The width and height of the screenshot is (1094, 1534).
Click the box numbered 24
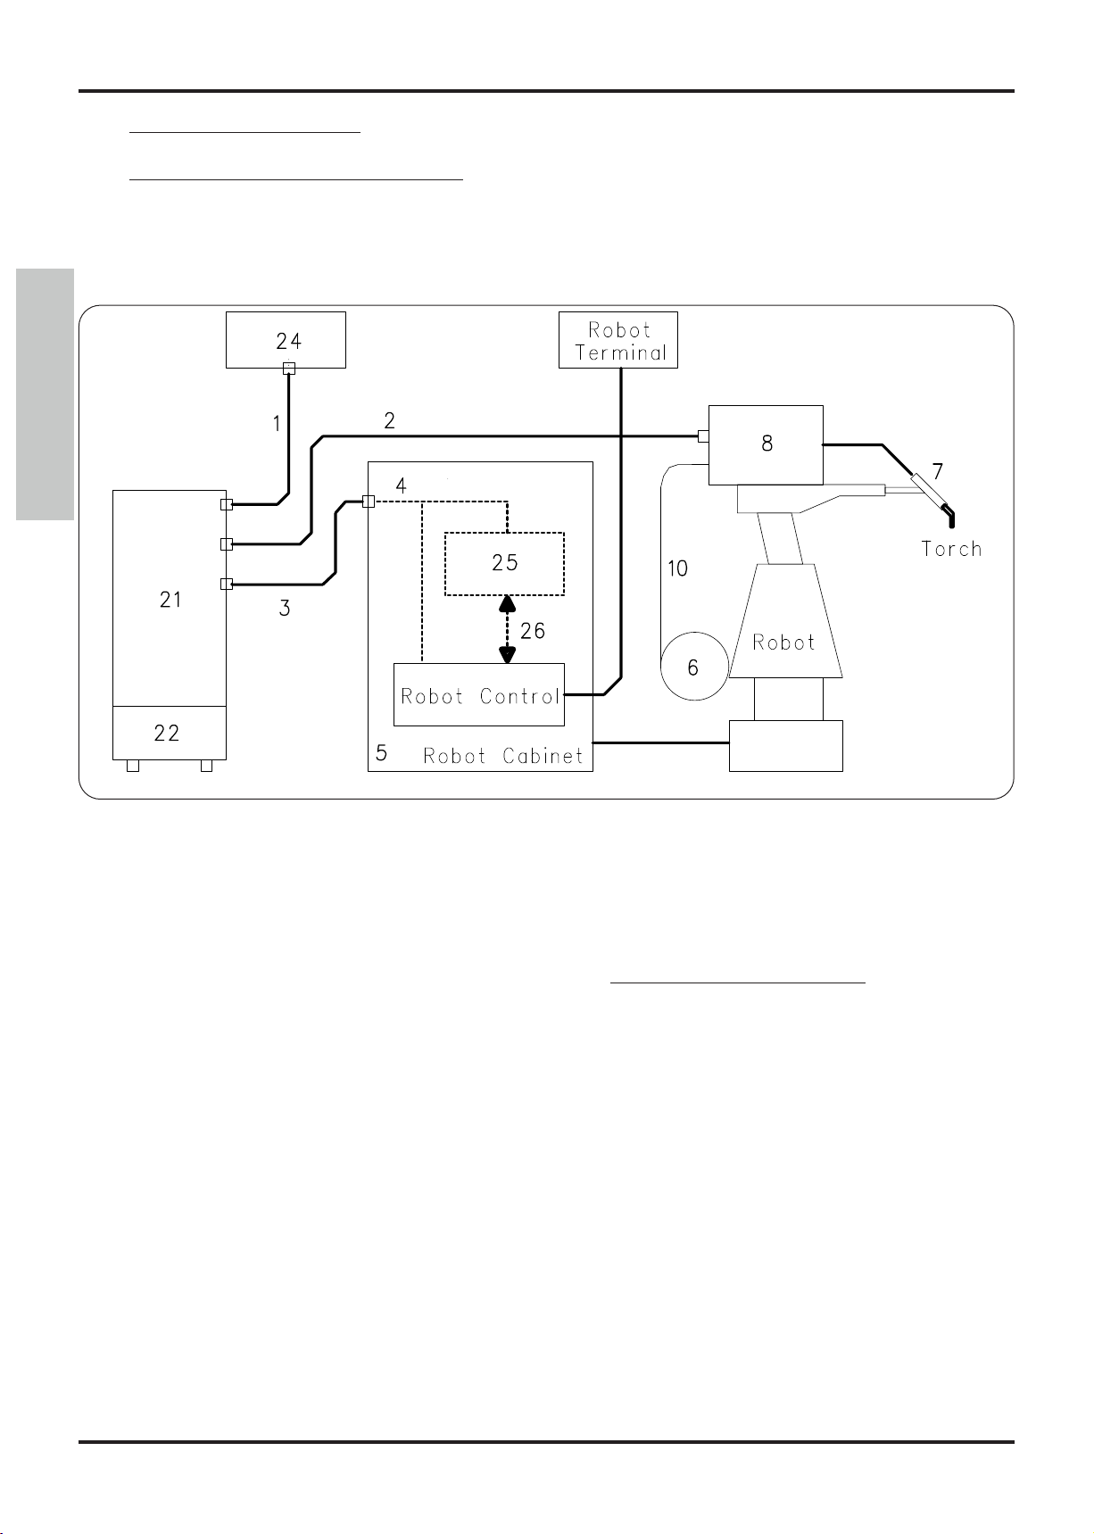click(286, 339)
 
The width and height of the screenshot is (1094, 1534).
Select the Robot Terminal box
click(618, 340)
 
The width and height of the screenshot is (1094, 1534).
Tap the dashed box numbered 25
click(504, 563)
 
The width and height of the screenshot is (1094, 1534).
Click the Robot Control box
click(479, 695)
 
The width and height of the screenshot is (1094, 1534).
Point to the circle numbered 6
click(693, 667)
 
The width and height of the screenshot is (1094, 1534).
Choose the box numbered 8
click(766, 444)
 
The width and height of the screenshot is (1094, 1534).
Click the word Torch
click(951, 549)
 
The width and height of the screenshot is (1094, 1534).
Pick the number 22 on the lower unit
click(167, 733)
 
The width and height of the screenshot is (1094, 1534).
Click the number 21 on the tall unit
click(170, 600)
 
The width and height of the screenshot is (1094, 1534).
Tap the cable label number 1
click(277, 424)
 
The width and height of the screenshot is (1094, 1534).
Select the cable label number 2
click(389, 420)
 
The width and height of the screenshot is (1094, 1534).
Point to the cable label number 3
click(285, 609)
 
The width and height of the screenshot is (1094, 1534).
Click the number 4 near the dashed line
click(401, 486)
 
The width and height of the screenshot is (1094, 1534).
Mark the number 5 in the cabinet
click(381, 753)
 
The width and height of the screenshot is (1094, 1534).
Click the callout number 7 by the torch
click(937, 471)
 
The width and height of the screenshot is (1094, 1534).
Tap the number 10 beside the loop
click(677, 568)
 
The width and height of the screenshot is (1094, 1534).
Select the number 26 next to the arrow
click(532, 631)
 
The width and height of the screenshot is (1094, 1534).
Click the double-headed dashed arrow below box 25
click(507, 629)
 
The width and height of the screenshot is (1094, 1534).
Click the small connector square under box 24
click(289, 369)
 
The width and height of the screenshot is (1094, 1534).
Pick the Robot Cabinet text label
click(502, 756)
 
